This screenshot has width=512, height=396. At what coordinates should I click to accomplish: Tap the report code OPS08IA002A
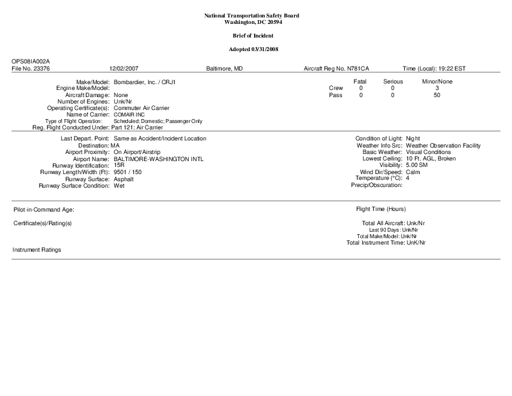(30, 61)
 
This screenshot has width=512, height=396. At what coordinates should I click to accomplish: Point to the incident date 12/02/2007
(124, 68)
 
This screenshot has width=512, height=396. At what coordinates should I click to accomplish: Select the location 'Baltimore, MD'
(224, 68)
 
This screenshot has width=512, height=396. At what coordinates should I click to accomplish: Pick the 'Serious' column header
(393, 82)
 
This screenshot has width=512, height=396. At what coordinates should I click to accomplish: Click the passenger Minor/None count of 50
(437, 95)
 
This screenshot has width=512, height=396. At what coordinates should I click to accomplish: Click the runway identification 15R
(119, 165)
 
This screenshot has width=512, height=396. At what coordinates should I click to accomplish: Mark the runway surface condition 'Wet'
(119, 186)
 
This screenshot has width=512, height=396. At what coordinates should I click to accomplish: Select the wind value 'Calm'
(412, 172)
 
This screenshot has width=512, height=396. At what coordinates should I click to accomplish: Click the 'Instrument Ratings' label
(37, 250)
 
